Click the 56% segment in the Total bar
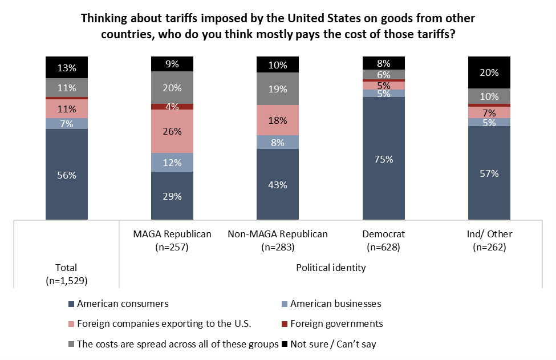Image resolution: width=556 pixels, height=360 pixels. pos(67,175)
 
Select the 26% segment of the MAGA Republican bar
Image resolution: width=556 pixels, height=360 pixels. pos(172,131)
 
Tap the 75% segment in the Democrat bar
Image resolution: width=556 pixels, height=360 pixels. pos(384,159)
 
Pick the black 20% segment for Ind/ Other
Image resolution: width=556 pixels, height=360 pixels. pos(489,72)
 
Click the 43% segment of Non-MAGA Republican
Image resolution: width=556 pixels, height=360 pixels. pos(278,184)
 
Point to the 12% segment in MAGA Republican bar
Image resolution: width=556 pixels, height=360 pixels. pos(172,163)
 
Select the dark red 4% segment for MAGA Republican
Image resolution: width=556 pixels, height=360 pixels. pos(172,107)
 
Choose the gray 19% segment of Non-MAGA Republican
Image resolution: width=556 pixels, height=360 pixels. pos(278,88)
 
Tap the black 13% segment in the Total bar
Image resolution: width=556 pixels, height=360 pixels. pos(67,67)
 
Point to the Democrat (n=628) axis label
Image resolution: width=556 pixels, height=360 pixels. pos(384,240)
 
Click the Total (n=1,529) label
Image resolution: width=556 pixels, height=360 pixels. pos(67,274)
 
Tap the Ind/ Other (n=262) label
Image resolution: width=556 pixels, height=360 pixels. pos(489,240)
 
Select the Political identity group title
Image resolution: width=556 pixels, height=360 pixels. pos(331,267)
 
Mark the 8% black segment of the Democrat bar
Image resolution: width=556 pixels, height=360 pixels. pos(384,63)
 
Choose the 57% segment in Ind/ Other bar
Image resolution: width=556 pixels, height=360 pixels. pos(489,173)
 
